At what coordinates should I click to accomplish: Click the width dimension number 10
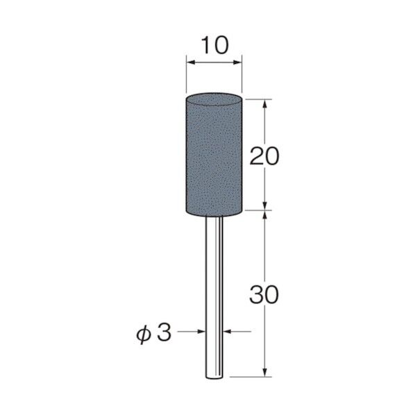click(214, 46)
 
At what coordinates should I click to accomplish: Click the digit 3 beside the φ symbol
click(164, 332)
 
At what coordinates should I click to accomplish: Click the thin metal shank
click(214, 291)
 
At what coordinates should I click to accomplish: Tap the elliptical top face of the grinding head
click(214, 101)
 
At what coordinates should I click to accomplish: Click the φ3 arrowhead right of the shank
click(228, 332)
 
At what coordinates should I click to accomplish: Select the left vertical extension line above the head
click(186, 76)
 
